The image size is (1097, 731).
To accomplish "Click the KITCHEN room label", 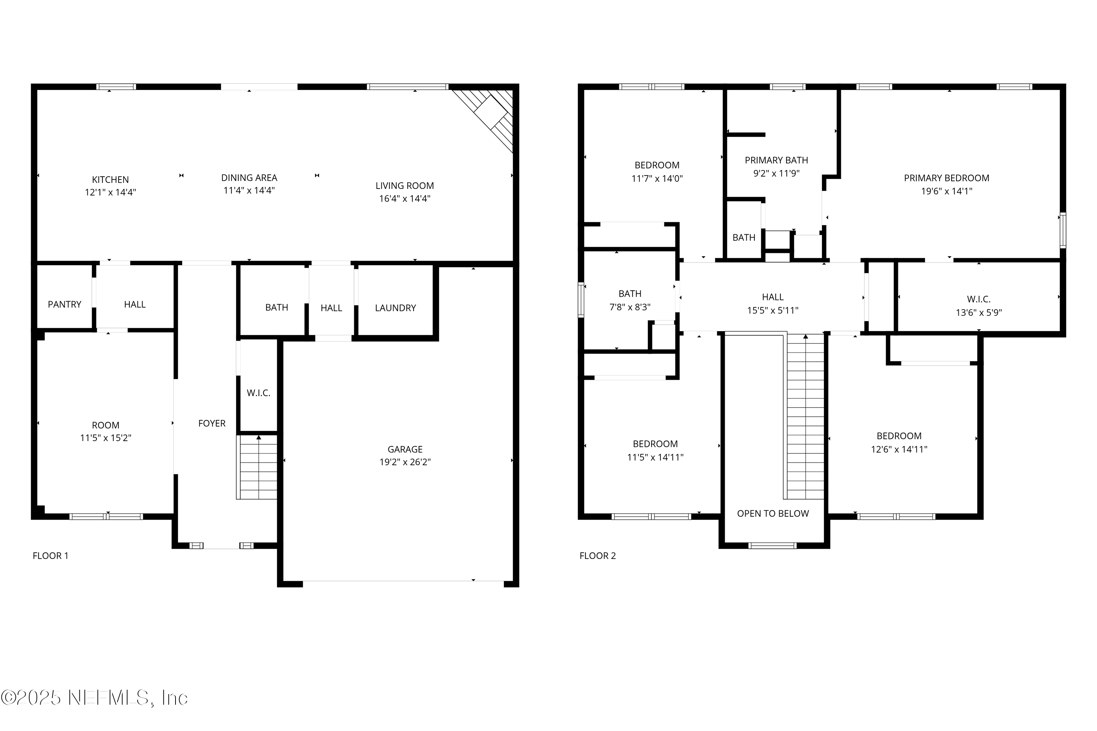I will (110, 179).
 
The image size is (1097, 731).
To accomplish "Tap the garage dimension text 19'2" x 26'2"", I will (405, 462).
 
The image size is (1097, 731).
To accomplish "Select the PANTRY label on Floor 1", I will (64, 304).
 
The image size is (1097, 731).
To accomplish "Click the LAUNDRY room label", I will (395, 308).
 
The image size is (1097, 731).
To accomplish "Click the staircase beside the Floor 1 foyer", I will (257, 467).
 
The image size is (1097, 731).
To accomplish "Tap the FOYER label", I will (212, 423).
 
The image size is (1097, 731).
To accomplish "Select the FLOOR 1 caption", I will (50, 556).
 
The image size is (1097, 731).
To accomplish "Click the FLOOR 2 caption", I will (597, 556).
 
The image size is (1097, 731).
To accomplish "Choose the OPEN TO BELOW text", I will (773, 514).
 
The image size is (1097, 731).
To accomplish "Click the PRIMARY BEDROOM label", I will (946, 178).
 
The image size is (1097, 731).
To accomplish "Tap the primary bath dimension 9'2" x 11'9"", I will (776, 173).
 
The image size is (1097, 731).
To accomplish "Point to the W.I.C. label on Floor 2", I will (979, 299).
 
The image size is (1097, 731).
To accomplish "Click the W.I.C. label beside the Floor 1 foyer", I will (259, 393).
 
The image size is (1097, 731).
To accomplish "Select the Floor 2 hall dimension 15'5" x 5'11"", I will (772, 310).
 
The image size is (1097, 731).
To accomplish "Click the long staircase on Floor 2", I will (806, 417).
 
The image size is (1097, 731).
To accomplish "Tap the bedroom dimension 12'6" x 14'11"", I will (899, 450).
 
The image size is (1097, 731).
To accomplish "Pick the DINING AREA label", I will (249, 178).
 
